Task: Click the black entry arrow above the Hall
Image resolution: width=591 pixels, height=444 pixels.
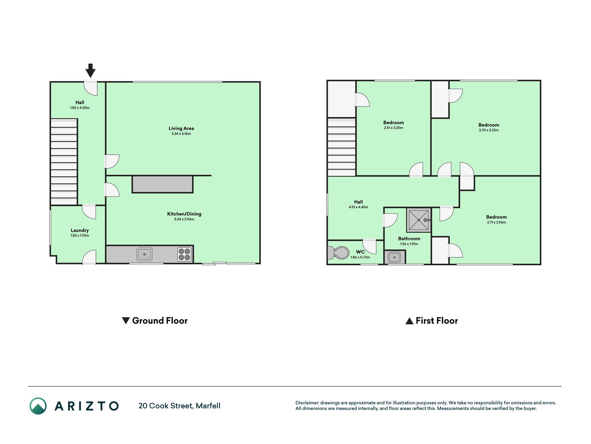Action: [90, 70]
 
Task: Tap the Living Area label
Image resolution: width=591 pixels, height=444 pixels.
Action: [181, 128]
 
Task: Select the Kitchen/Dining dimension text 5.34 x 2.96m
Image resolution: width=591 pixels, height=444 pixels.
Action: [184, 219]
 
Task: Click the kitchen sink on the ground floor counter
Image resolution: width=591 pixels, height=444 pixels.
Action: [144, 254]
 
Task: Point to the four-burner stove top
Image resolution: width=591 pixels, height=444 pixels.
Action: [185, 254]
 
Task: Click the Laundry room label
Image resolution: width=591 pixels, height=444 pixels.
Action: [80, 230]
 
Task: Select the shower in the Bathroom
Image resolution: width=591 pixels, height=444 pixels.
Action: [419, 220]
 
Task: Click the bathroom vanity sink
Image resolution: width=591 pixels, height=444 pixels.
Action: [394, 257]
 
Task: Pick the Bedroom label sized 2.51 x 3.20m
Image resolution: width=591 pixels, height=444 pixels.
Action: [393, 122]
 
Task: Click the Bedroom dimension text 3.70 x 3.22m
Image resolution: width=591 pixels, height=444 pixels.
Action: [489, 130]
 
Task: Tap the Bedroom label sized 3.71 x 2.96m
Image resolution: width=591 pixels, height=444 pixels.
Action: [496, 217]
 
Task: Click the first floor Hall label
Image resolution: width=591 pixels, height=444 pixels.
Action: [358, 202]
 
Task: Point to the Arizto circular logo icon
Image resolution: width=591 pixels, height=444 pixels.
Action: [38, 406]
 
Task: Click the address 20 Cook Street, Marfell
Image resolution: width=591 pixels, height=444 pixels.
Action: [179, 406]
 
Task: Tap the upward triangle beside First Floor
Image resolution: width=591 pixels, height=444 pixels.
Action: [409, 321]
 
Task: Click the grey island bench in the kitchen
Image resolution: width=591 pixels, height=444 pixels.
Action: [162, 184]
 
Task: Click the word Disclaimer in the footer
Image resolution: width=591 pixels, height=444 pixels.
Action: [307, 403]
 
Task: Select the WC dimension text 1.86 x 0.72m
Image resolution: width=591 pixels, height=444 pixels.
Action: [360, 257]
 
